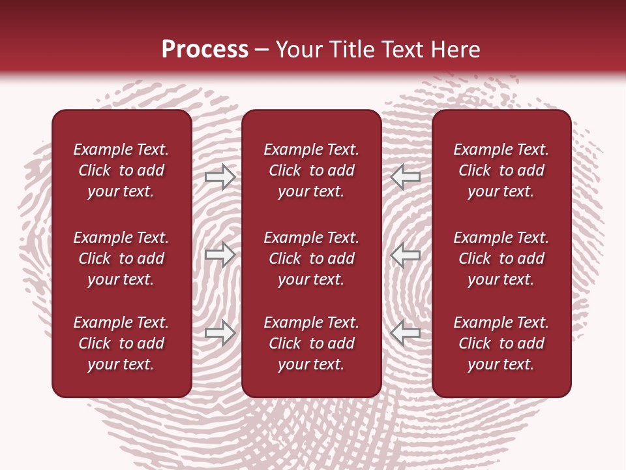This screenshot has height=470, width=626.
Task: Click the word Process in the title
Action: (205, 50)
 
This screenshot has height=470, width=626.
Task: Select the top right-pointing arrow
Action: (220, 177)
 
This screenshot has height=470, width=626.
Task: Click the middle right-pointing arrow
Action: (220, 255)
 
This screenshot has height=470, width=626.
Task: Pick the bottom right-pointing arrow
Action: (220, 333)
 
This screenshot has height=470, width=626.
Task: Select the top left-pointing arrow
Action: (406, 177)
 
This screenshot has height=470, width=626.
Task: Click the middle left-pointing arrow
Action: (406, 255)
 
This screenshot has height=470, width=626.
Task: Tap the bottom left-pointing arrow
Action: (406, 333)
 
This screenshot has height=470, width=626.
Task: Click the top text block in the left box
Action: (121, 170)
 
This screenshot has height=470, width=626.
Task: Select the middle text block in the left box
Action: (121, 258)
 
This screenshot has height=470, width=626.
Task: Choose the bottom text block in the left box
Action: (121, 343)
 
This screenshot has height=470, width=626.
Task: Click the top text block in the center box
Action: (311, 170)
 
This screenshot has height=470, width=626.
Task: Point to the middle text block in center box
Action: (311, 258)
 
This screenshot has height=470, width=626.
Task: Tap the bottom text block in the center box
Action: (311, 343)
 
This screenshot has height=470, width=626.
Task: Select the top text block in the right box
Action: (501, 170)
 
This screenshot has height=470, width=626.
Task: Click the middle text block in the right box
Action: (501, 258)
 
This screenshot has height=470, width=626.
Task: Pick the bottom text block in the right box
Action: (501, 343)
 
